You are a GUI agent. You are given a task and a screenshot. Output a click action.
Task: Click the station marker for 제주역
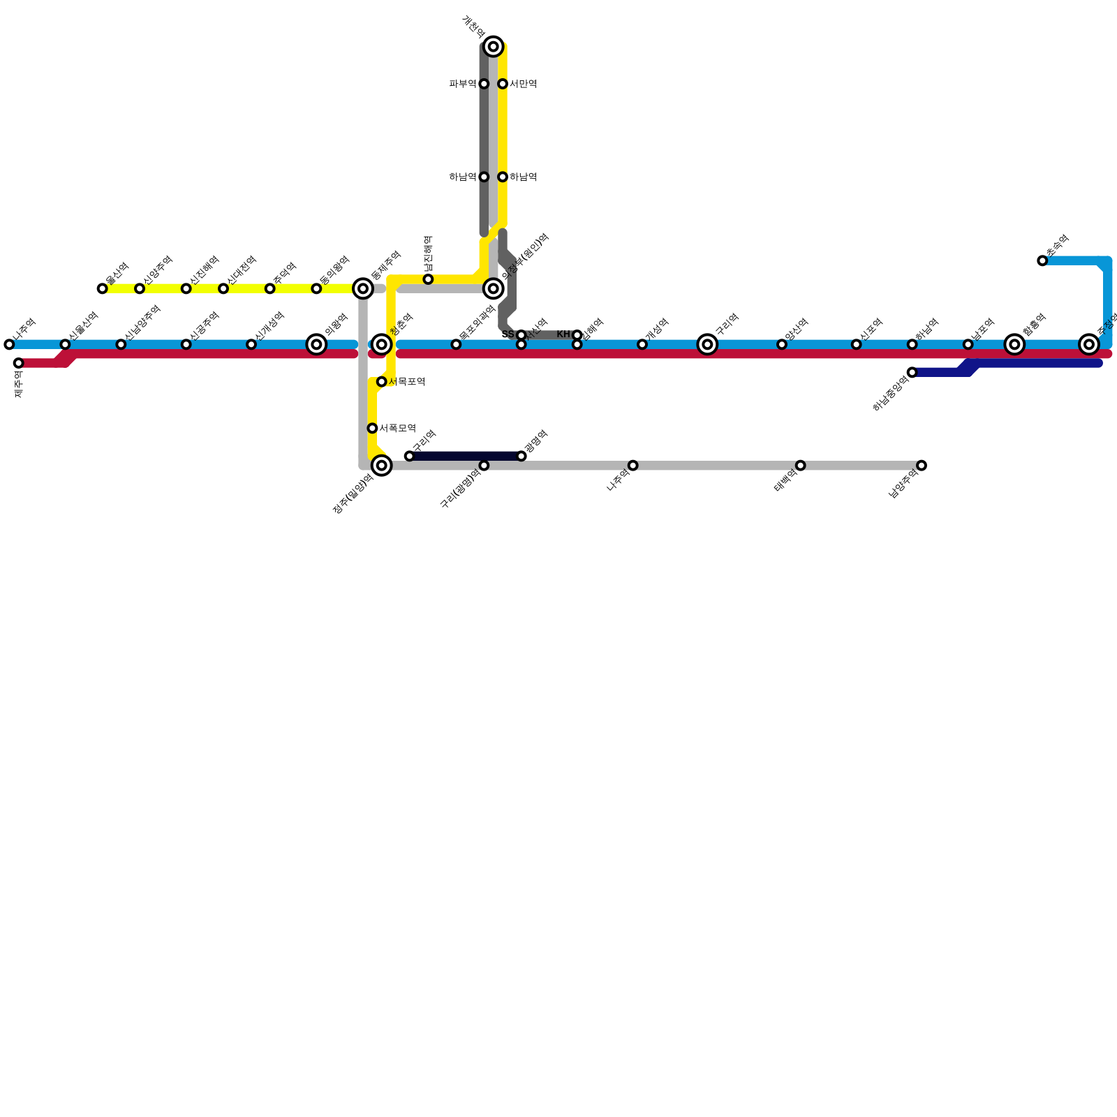point(18,363)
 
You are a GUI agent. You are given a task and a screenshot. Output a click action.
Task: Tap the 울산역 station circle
point(102,288)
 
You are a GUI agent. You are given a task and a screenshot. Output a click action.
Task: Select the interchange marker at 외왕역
point(316,344)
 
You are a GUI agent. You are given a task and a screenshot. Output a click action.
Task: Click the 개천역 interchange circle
point(494,47)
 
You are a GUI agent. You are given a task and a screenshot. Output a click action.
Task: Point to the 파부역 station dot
point(484,84)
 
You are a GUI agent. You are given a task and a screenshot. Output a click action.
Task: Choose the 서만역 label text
point(523,84)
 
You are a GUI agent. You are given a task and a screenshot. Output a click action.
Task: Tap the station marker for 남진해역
point(428,279)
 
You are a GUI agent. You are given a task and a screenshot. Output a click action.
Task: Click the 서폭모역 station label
point(397,428)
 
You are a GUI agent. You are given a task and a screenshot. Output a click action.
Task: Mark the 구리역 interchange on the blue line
point(707,344)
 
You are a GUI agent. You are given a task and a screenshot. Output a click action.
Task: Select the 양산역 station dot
point(782,344)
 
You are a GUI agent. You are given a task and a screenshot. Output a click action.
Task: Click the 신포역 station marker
point(856,344)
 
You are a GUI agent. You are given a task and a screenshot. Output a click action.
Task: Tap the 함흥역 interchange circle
point(1014,344)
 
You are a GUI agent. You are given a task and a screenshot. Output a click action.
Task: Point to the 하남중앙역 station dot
point(912,372)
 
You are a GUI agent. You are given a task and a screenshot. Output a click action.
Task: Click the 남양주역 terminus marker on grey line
point(922,466)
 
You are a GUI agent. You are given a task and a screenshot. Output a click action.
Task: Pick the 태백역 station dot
point(800,466)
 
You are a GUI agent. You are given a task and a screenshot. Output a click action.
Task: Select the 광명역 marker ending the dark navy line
point(521,456)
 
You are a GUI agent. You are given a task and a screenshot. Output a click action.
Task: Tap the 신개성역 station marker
point(251,344)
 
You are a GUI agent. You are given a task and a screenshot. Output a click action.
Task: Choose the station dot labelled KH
point(577,335)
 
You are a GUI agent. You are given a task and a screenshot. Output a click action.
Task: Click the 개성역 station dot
point(642,344)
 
